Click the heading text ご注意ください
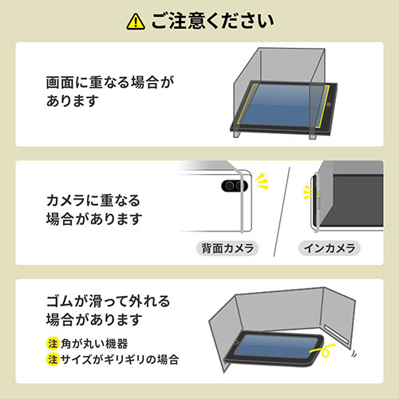tap(210, 18)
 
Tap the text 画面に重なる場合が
tap(109, 82)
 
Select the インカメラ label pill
tap(330, 248)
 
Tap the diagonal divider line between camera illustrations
tap(281, 214)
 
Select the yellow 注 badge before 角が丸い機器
tap(52, 343)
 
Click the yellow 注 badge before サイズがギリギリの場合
tap(52, 359)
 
